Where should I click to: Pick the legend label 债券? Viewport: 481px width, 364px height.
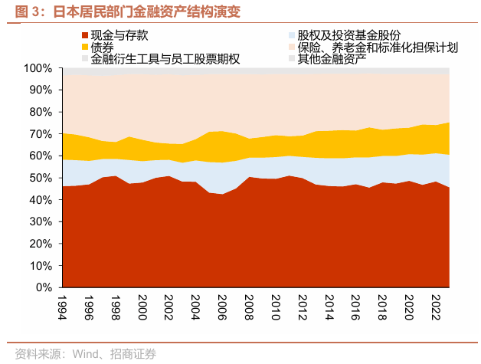click(x=103, y=48)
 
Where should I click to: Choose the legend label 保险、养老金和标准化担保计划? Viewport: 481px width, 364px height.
click(x=378, y=48)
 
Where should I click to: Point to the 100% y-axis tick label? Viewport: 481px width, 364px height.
click(x=38, y=69)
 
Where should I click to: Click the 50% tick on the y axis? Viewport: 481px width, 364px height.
click(x=40, y=179)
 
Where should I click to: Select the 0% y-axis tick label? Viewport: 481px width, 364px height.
click(x=43, y=288)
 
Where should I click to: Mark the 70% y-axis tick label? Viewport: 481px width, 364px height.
click(x=40, y=135)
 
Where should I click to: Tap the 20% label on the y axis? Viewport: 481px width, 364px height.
click(x=40, y=244)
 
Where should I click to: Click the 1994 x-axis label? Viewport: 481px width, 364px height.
click(x=62, y=308)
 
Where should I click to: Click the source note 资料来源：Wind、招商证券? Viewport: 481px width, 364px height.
click(x=81, y=353)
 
